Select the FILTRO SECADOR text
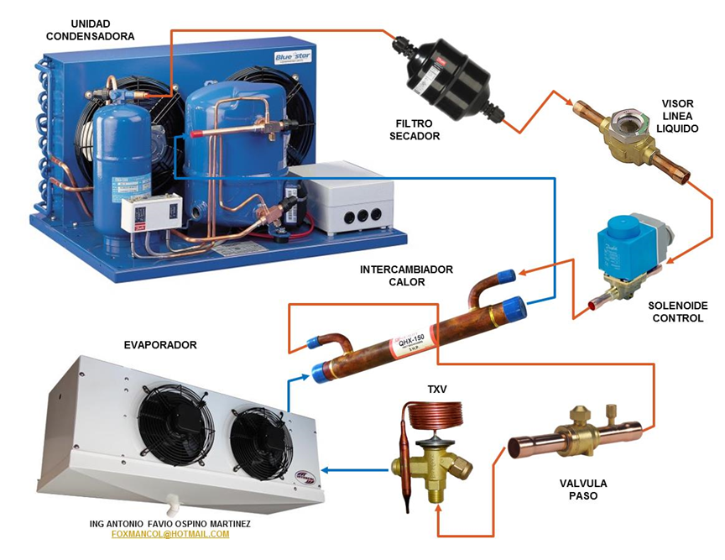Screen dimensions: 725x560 (415, 129)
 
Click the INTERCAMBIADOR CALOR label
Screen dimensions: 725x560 (406, 275)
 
